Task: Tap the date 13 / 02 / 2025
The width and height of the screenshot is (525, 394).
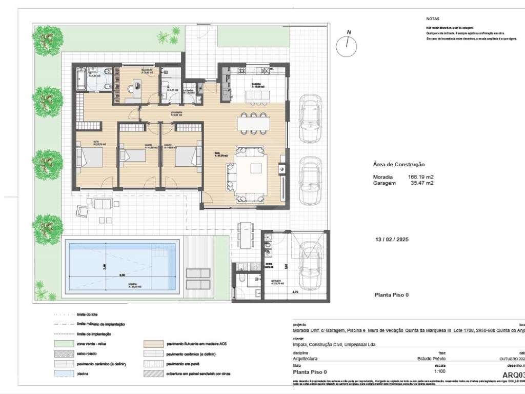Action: [x=392, y=240]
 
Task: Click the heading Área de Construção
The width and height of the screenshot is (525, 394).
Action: [x=399, y=165]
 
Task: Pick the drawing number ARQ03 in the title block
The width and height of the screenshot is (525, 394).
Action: [x=513, y=375]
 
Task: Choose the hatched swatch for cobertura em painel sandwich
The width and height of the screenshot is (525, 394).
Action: [x=153, y=374]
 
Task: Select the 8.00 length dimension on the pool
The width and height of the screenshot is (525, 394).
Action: [x=122, y=275]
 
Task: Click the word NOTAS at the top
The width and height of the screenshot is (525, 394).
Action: [x=433, y=18]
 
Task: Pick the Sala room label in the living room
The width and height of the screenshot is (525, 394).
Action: [x=217, y=152]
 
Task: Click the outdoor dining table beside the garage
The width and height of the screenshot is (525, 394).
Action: [x=247, y=234]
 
